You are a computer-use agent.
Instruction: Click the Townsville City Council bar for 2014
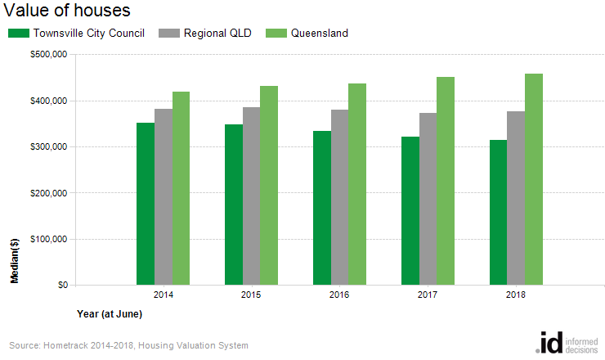[146, 204]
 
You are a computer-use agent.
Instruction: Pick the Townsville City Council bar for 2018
[499, 213]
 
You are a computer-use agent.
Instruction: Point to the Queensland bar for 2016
[357, 184]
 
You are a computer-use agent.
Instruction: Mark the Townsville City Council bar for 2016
[322, 208]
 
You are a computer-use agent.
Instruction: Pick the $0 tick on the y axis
[61, 286]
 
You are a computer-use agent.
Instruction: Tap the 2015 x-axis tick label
[251, 294]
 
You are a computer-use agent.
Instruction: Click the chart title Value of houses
[67, 11]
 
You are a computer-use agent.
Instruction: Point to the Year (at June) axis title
[110, 313]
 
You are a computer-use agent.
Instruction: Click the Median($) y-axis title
[15, 263]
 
